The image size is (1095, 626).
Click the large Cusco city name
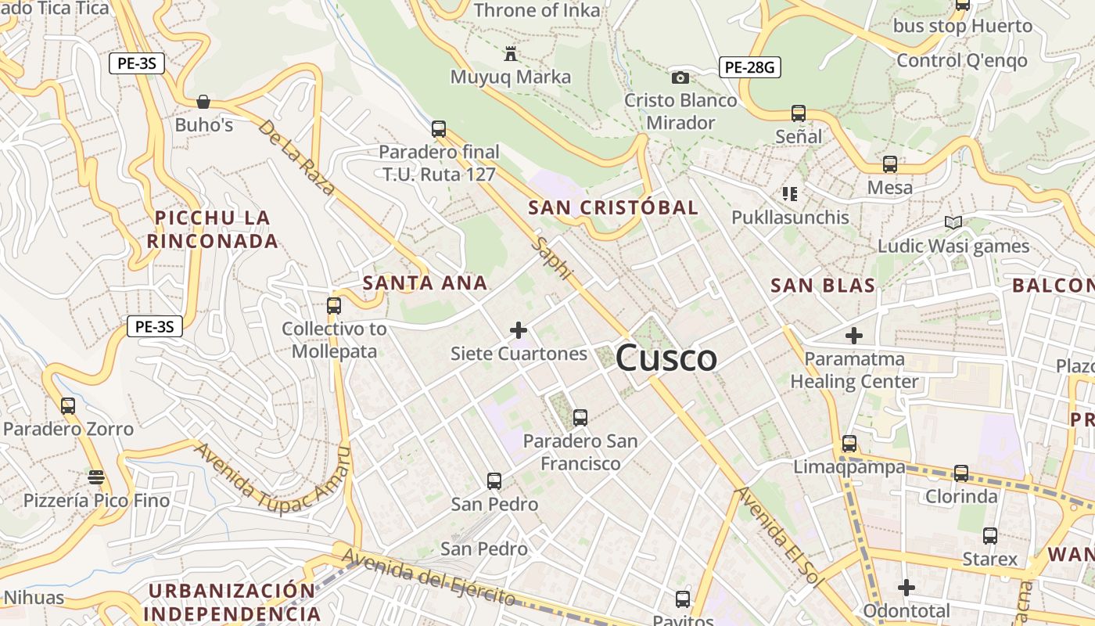pos(666,358)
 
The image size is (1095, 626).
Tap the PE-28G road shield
pos(749,67)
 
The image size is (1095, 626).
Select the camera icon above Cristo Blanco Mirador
pos(680,77)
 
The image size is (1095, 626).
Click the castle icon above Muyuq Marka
pos(512,53)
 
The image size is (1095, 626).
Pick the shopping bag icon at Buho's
pos(203,102)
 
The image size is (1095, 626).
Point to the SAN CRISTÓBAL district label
pos(613,207)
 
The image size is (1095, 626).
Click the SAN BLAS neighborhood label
pos(823,286)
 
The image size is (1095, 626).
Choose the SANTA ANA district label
pos(425,282)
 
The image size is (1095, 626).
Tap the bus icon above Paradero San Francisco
pos(580,418)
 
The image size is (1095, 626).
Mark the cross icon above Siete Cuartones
pos(518,330)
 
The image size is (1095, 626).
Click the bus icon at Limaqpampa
pos(849,444)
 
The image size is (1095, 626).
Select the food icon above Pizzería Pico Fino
pos(96,477)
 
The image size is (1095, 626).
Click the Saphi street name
pos(552,258)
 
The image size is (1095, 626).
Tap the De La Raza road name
pos(296,157)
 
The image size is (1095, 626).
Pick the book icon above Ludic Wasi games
pos(953,223)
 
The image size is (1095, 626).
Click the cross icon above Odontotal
pos(907,587)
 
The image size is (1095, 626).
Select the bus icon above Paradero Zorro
pos(68,405)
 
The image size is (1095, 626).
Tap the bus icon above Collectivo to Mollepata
pos(334,305)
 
